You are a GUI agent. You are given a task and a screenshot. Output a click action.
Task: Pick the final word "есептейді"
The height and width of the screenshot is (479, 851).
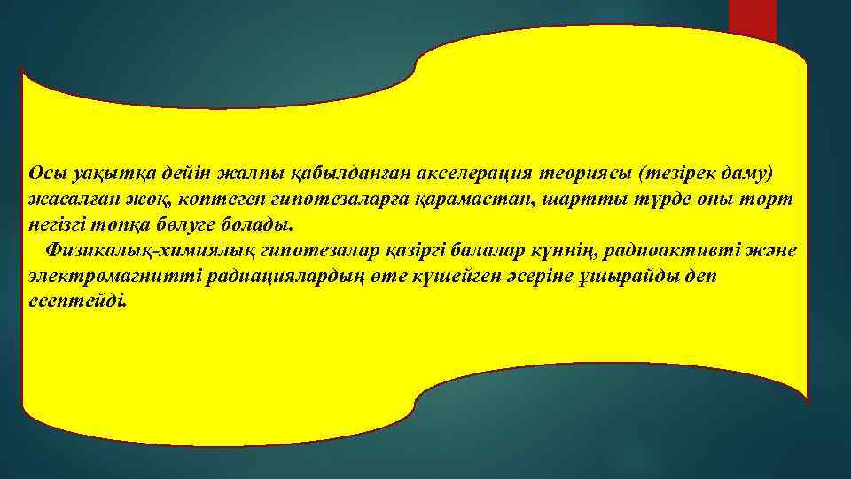(x=77, y=302)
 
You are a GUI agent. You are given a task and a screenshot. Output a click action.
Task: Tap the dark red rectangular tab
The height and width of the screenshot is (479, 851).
(x=752, y=20)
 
